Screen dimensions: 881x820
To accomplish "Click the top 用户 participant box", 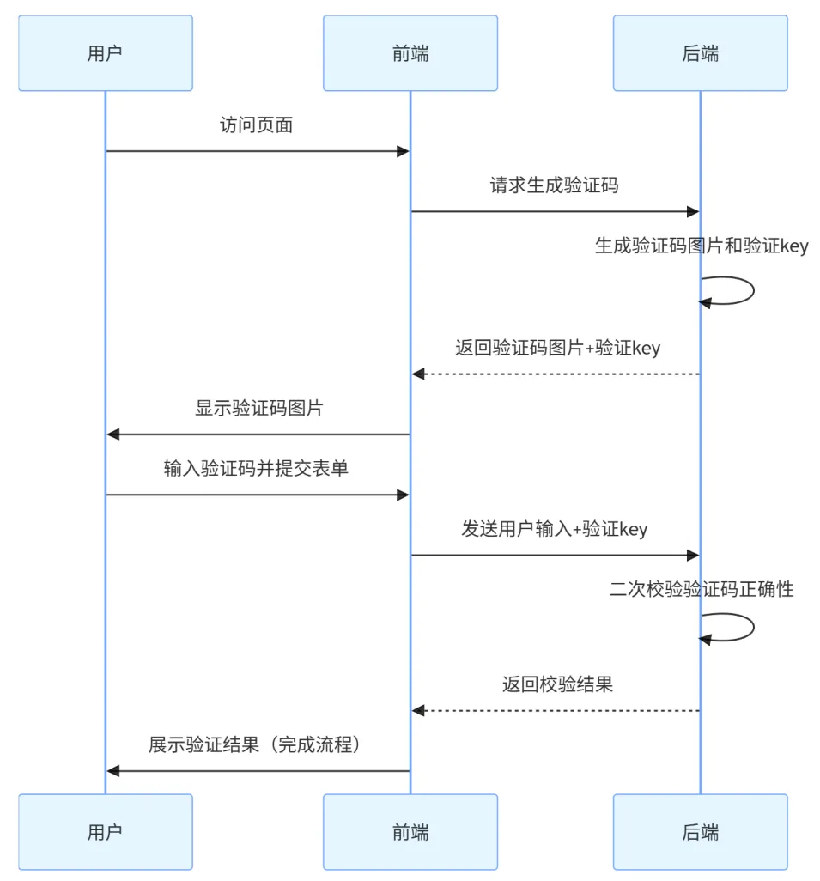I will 106,53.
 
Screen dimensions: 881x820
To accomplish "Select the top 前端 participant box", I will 410,53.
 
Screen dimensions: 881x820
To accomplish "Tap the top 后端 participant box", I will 700,53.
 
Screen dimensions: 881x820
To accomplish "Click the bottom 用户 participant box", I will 106,831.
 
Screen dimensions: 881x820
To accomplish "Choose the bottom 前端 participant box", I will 410,831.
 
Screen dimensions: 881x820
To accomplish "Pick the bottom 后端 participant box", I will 700,831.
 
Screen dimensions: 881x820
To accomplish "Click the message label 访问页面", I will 257,125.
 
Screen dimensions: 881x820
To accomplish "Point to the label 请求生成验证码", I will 554,185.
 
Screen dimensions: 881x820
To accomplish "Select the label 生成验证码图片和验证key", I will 702,246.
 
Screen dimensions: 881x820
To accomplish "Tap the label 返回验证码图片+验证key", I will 557,349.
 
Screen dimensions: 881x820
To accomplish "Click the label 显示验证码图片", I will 258,409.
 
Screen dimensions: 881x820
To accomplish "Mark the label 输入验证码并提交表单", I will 256,469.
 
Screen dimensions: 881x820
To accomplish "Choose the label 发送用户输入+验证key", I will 554,529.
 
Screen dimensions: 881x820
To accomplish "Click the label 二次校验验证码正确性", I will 702,589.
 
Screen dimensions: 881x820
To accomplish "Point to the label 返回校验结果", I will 557,685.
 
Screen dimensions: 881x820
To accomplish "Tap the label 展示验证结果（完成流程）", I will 256,745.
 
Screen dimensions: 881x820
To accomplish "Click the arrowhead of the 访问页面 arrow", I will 402,152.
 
